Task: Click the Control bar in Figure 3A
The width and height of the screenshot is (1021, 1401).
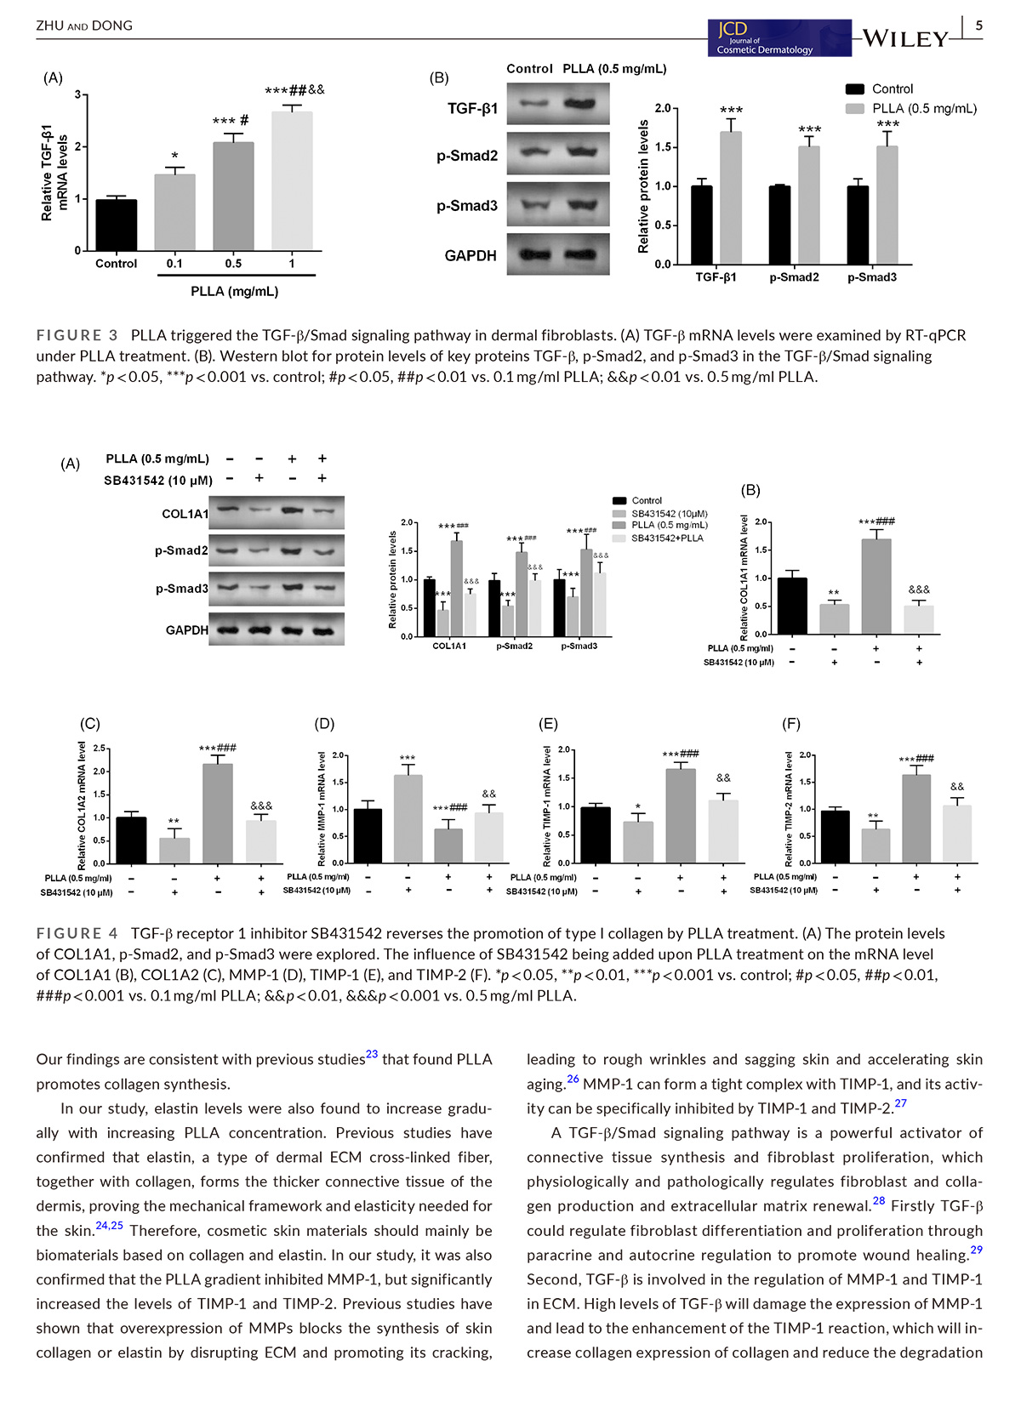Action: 117,225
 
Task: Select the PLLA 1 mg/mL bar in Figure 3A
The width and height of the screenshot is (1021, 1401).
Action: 292,181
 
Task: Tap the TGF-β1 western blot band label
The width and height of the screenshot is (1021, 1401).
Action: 472,108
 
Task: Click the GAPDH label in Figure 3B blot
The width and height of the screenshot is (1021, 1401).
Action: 471,255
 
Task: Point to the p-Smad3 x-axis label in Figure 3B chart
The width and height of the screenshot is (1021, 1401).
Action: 871,277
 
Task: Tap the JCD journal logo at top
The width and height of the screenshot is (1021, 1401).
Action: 779,39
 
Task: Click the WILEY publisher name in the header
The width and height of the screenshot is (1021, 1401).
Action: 905,39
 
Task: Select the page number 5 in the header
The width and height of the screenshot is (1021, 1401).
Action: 978,26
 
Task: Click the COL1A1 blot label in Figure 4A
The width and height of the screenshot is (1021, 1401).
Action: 185,514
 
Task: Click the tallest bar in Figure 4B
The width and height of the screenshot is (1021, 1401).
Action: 876,587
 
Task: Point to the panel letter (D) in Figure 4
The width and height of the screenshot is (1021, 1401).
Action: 324,724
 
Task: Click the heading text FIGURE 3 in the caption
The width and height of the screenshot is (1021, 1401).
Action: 77,335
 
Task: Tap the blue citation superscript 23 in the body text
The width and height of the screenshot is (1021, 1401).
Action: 372,1054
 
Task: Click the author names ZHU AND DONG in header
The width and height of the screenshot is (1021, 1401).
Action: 84,26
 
